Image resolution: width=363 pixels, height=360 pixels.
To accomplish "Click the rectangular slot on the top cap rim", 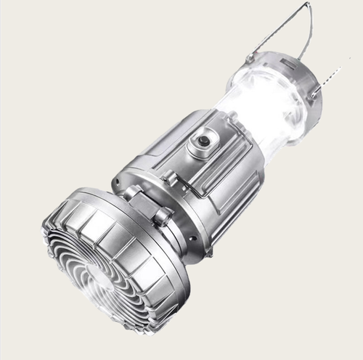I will coord(280,61).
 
